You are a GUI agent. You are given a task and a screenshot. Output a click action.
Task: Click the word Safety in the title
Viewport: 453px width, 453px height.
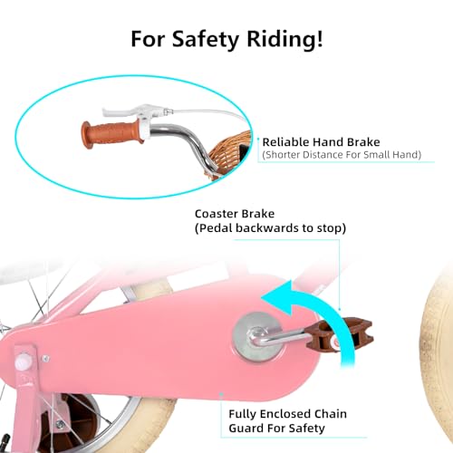(x=206, y=39)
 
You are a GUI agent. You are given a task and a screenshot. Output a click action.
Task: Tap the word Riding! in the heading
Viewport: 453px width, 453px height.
(x=285, y=39)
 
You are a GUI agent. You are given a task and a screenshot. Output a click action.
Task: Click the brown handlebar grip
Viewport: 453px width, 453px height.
(x=111, y=134)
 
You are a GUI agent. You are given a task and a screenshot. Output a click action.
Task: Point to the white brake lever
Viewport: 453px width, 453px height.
(x=127, y=111)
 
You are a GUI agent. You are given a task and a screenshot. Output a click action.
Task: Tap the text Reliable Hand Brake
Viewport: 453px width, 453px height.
(x=321, y=142)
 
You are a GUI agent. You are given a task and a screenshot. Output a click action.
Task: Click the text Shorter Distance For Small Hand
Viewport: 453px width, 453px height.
(x=342, y=155)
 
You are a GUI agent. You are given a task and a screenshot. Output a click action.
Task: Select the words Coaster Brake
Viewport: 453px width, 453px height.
(x=235, y=214)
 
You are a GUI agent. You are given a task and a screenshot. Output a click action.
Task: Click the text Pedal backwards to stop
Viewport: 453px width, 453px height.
(x=270, y=228)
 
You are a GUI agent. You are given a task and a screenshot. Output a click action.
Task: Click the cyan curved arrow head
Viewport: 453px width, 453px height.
(x=279, y=297)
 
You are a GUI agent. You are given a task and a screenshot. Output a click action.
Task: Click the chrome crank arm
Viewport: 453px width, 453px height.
(x=279, y=337)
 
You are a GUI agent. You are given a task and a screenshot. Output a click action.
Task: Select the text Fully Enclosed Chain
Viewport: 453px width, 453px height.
(x=287, y=414)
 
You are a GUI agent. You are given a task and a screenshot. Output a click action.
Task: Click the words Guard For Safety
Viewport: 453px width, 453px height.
(x=276, y=428)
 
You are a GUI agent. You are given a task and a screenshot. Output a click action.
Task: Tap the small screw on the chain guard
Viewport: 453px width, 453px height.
(x=45, y=359)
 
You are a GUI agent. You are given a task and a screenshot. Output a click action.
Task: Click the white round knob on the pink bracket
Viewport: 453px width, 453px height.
(x=23, y=361)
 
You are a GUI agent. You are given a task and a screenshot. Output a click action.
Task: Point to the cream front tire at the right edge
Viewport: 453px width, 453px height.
(x=438, y=356)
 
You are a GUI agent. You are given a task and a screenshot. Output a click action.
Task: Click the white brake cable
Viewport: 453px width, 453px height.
(x=206, y=112)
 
